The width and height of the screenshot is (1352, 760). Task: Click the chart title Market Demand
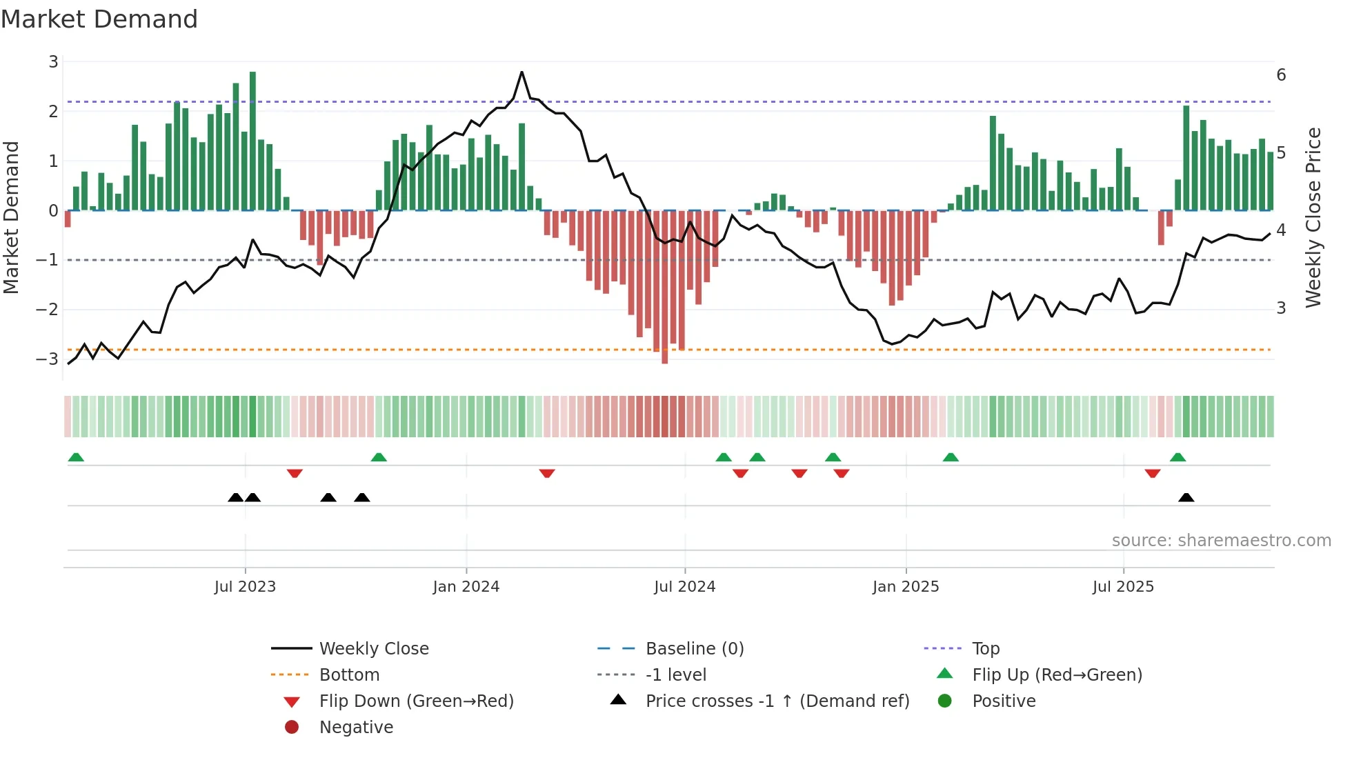pyautogui.click(x=99, y=19)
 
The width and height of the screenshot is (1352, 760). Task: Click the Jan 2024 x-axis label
pyautogui.click(x=466, y=587)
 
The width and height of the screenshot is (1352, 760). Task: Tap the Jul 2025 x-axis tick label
pyautogui.click(x=1122, y=587)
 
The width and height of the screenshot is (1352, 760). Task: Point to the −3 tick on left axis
pyautogui.click(x=48, y=359)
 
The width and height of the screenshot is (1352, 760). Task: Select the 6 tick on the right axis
pyautogui.click(x=1281, y=74)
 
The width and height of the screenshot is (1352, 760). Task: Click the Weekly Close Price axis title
pyautogui.click(x=1313, y=217)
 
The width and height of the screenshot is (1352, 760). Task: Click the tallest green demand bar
pyautogui.click(x=252, y=141)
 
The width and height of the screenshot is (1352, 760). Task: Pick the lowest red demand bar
pyautogui.click(x=664, y=286)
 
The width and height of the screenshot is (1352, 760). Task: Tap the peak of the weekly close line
pyautogui.click(x=521, y=72)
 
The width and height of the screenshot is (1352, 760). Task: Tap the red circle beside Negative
pyautogui.click(x=292, y=728)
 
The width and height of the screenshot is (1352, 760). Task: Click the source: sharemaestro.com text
pyautogui.click(x=1221, y=541)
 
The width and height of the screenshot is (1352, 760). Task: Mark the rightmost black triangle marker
pyautogui.click(x=1186, y=498)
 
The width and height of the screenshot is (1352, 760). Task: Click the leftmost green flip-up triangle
pyautogui.click(x=76, y=457)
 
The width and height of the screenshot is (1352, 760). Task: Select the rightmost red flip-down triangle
pyautogui.click(x=1152, y=473)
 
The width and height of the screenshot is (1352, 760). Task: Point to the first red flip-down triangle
pyautogui.click(x=295, y=473)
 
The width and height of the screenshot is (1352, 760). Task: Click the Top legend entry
pyautogui.click(x=985, y=649)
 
